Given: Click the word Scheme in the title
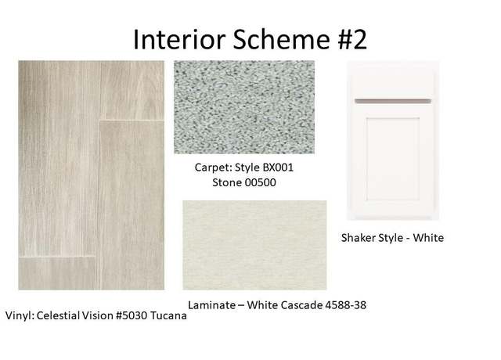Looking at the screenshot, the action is [281, 39].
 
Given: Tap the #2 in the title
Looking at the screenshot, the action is [352, 39].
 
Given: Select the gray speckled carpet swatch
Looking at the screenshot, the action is [244, 107].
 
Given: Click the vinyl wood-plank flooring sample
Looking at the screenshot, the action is [92, 175].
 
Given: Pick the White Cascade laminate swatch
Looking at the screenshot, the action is [254, 245].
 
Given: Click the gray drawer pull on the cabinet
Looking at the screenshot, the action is [393, 101].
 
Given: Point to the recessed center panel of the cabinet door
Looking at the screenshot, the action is [393, 159].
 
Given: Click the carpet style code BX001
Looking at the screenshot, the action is [278, 167].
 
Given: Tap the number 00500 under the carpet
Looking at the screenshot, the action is [260, 182].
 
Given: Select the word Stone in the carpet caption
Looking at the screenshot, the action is [227, 182].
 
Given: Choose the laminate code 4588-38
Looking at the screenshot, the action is [345, 305].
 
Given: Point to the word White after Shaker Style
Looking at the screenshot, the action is [428, 238].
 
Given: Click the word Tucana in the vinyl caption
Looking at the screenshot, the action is [168, 315].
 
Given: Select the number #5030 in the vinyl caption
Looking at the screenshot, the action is [132, 315].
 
